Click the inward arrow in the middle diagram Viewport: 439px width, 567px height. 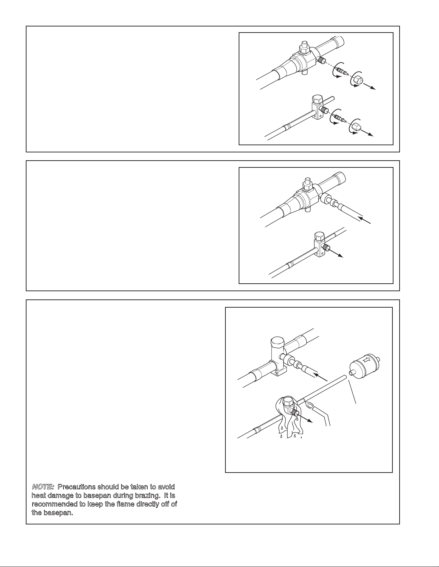(x=364, y=220)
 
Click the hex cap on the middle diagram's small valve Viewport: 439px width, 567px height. (x=319, y=236)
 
